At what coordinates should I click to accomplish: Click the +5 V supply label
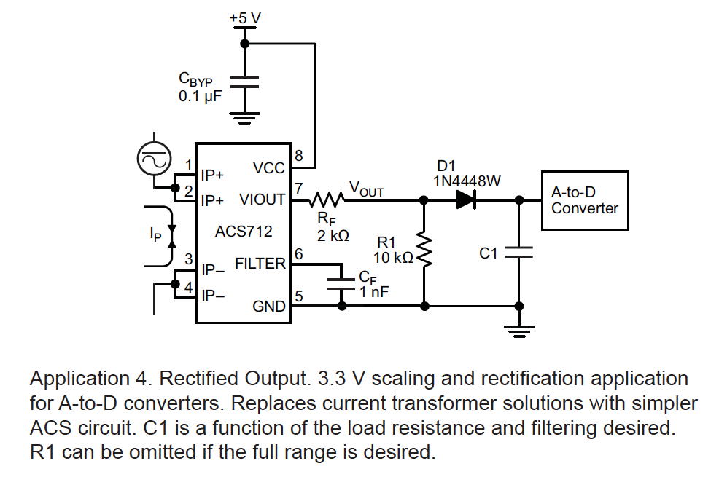coord(244,15)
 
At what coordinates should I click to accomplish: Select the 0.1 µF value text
coord(199,95)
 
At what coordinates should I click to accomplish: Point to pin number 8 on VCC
coord(298,155)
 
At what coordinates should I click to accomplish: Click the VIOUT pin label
coord(263,200)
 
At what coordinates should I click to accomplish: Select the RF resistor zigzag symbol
coord(327,199)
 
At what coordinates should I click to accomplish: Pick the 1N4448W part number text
coord(467,181)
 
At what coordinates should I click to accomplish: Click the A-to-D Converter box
coord(584,200)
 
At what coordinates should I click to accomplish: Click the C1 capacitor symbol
coord(518,252)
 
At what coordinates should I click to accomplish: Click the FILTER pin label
coord(260,264)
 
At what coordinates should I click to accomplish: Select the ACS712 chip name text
coord(244,232)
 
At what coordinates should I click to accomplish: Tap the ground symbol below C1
coord(518,332)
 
